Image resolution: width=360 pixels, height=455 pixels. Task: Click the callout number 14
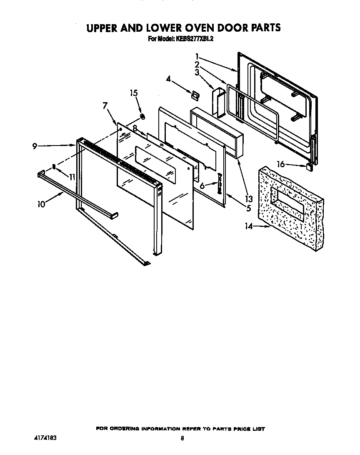249,226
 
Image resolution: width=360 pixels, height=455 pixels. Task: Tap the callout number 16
281,164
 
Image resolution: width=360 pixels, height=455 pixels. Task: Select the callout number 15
134,93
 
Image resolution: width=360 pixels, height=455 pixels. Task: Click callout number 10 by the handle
41,204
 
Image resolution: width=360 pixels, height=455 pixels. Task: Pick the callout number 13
249,199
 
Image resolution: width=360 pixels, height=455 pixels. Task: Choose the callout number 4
168,78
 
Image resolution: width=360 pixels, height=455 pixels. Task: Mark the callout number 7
105,106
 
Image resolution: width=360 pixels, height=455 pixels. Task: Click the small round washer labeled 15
142,116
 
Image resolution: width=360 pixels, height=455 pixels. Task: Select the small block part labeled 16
309,167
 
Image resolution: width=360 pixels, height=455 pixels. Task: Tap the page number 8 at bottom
182,438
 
